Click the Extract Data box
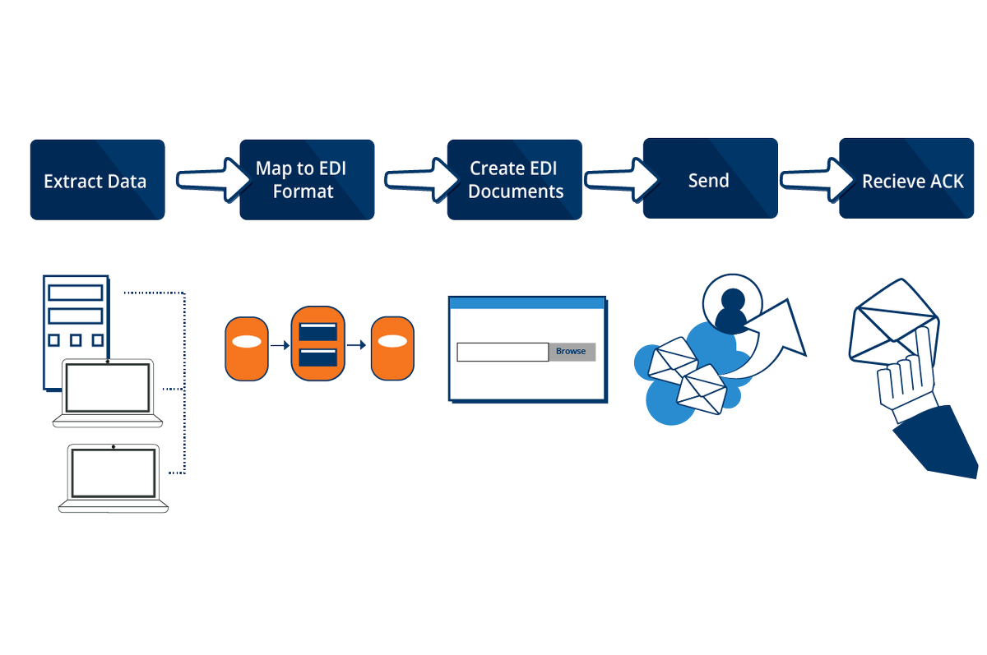click(97, 179)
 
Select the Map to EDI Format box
click(307, 179)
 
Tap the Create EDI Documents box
click(515, 179)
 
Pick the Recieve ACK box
click(911, 179)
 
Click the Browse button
click(571, 352)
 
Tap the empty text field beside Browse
click(502, 352)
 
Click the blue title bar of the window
click(526, 302)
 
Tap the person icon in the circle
click(730, 307)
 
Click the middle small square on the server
click(76, 340)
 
